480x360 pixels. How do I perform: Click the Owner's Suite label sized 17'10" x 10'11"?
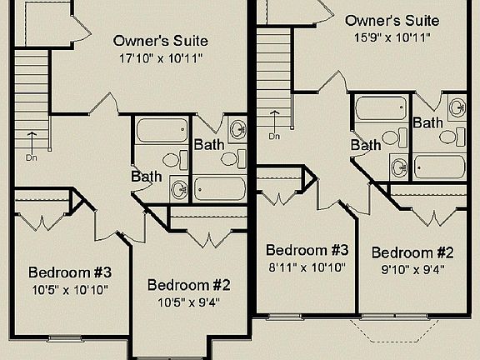(x=160, y=41)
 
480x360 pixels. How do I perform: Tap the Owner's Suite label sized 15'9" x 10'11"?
(x=387, y=20)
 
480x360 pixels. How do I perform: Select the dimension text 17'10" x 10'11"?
(x=160, y=58)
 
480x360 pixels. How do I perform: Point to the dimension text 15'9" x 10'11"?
(x=387, y=37)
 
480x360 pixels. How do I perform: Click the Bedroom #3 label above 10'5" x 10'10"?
(x=70, y=272)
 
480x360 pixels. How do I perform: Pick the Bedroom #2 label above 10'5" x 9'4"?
(x=188, y=285)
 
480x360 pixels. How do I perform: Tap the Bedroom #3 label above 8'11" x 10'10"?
(x=307, y=250)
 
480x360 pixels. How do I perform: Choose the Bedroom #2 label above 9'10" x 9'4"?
(x=412, y=252)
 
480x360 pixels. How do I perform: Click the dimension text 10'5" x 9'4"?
(x=188, y=302)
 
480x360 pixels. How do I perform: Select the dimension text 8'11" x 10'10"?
(x=307, y=267)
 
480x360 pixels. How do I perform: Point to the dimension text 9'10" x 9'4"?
(x=412, y=269)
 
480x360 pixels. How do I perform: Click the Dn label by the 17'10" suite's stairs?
(x=32, y=157)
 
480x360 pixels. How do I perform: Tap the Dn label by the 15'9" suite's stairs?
(x=274, y=137)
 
